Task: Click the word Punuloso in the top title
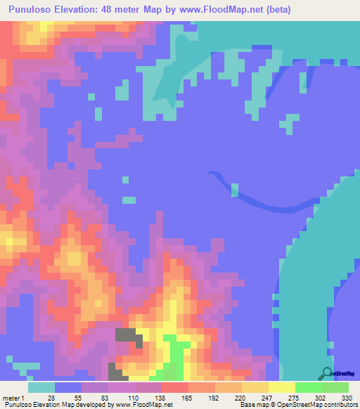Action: (34, 11)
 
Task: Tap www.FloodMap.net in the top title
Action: (226, 11)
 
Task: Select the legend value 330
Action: (345, 397)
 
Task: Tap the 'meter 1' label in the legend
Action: (13, 397)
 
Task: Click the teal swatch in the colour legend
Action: (41, 387)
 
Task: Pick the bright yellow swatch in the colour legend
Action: (282, 387)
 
